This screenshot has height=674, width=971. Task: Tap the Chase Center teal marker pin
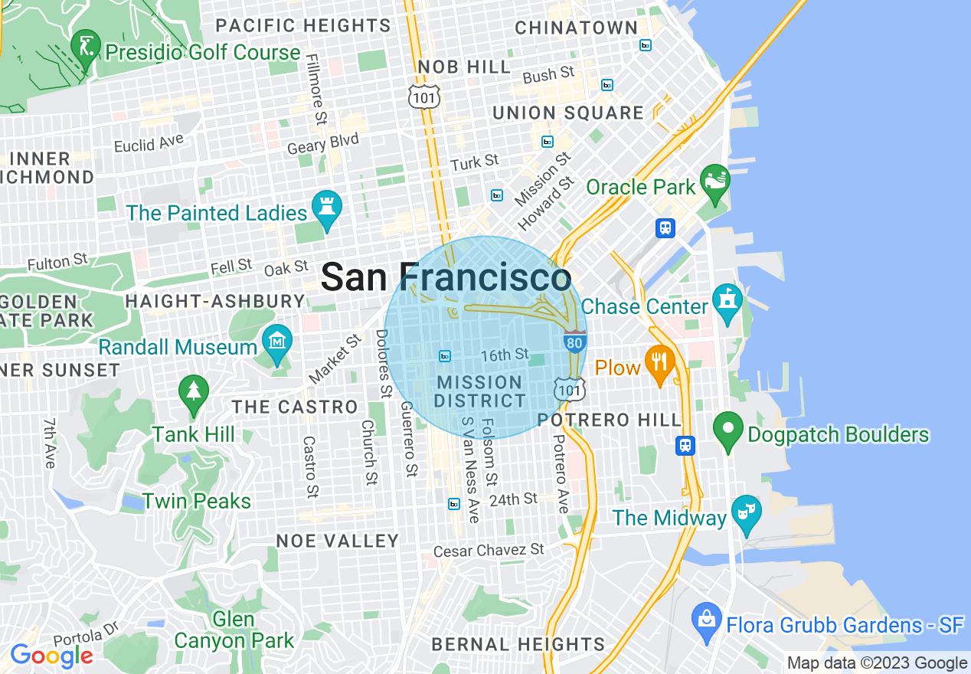[727, 302]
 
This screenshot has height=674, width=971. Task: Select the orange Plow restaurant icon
[659, 363]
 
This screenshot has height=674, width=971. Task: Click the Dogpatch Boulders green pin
[727, 430]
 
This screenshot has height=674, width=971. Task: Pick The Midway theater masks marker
[745, 513]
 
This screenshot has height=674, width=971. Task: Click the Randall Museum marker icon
[276, 342]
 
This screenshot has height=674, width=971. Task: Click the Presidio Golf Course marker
[85, 47]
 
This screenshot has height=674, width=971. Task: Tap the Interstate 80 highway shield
[574, 342]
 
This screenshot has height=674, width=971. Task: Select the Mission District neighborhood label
[479, 391]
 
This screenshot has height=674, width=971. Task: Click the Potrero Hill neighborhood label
[609, 420]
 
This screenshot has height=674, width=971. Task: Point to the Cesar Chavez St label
[489, 551]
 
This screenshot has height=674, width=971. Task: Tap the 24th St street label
[514, 499]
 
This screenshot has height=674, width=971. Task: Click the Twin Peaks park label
[197, 501]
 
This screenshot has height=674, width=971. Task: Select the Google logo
[51, 656]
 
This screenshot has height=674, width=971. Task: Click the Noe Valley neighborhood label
[337, 541]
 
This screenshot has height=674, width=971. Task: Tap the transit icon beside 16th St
[445, 356]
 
